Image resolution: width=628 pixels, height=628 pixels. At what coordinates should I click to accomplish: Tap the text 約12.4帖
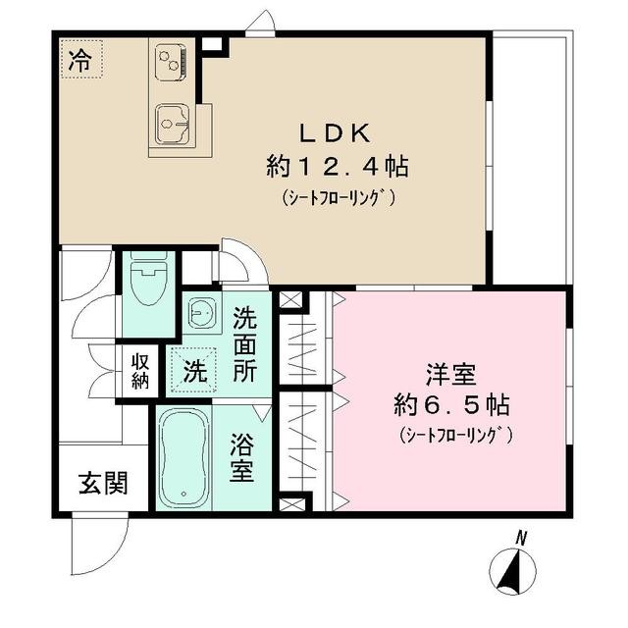(337, 166)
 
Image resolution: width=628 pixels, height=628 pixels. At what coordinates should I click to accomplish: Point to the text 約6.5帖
(450, 403)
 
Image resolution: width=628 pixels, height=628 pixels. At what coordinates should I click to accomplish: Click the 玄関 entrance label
(102, 484)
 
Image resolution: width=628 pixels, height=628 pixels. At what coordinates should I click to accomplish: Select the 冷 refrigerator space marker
(80, 59)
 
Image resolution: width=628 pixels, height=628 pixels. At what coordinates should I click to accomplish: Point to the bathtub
(183, 458)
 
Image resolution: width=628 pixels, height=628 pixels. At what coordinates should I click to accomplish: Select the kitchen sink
(176, 124)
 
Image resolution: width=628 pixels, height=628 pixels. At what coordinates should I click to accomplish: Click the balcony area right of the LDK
(530, 157)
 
